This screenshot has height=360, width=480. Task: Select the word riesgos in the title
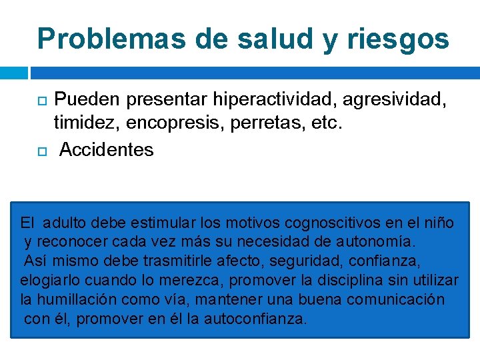(398, 39)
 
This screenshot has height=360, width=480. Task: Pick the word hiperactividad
(277, 100)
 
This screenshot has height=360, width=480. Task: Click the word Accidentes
(107, 149)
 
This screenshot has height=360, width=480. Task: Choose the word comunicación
(402, 299)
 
